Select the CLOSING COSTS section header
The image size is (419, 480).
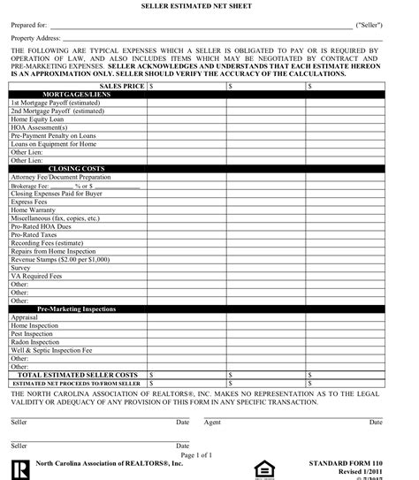[x=77, y=167]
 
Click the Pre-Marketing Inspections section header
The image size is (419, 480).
[x=77, y=309]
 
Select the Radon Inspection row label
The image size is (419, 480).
[x=34, y=342]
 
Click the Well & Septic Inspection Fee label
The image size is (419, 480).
[x=50, y=350]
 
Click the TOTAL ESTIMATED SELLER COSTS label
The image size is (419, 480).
[x=79, y=375]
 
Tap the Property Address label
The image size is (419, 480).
[x=36, y=39]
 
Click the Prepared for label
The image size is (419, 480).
[x=28, y=27]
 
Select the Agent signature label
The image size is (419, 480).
[x=212, y=423]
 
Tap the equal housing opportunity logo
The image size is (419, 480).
[x=263, y=466]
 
